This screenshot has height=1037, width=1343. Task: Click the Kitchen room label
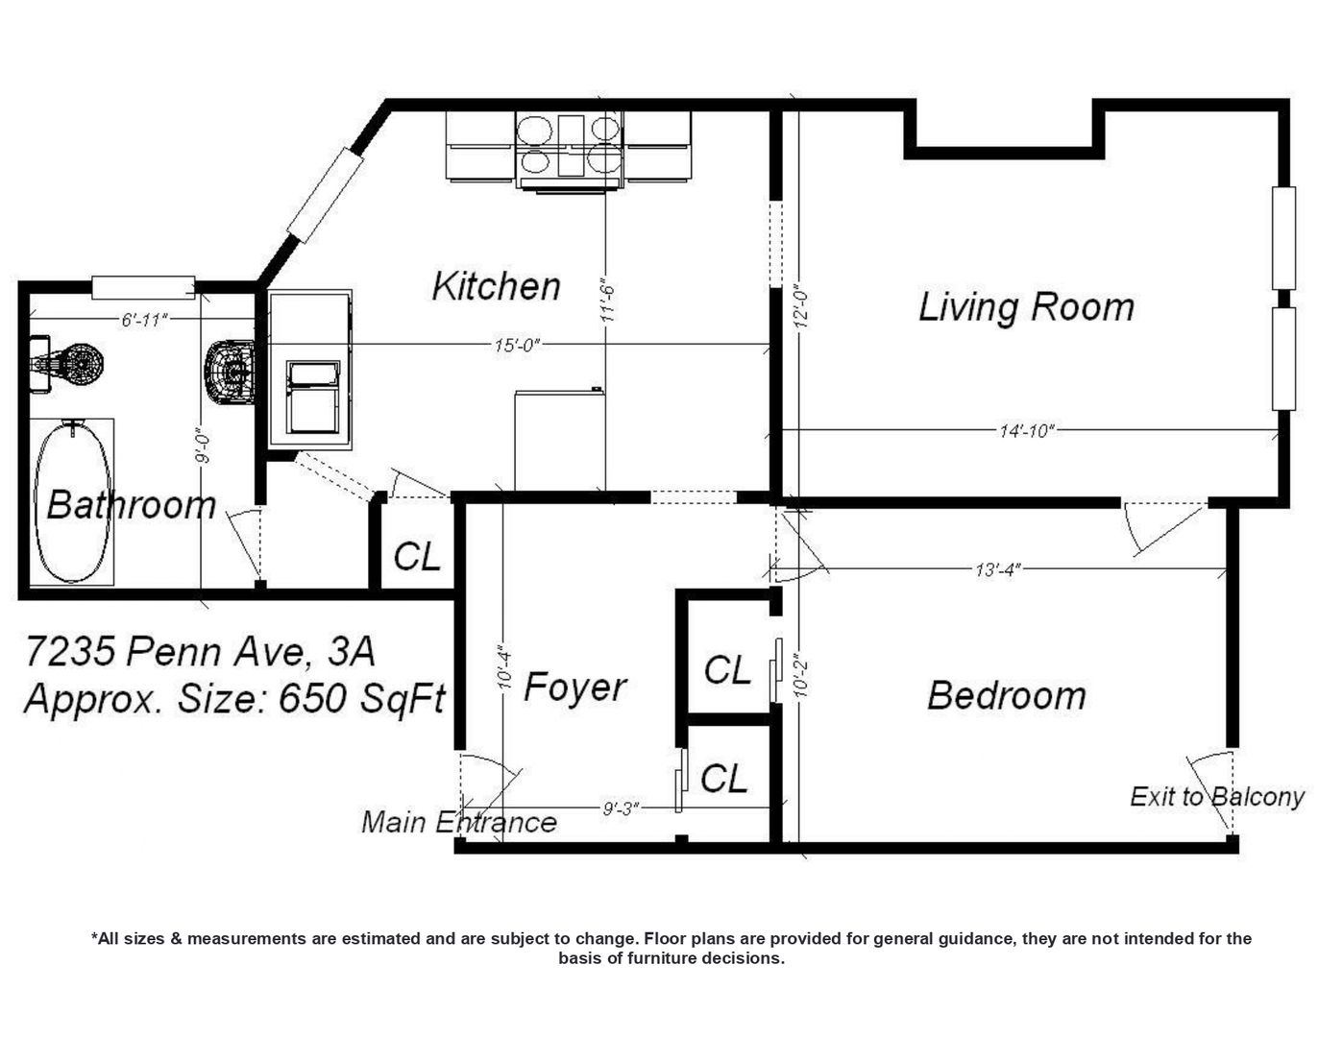(496, 286)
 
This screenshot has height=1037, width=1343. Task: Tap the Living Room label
(1026, 307)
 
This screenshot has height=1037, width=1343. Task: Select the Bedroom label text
(1006, 695)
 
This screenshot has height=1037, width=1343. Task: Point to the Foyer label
(574, 687)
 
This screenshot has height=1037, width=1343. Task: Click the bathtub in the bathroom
(73, 501)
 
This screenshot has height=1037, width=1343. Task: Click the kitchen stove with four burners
(570, 152)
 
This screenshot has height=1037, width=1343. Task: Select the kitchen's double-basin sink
(313, 398)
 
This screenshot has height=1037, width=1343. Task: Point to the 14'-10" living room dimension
(1026, 430)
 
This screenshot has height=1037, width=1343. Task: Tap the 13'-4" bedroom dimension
(997, 568)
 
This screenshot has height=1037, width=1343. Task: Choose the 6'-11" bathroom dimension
(145, 320)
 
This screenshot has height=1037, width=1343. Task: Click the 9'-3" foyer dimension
(620, 808)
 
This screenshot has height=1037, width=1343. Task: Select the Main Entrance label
(459, 822)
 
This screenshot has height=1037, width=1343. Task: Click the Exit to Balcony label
(1216, 797)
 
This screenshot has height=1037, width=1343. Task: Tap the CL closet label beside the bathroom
(417, 557)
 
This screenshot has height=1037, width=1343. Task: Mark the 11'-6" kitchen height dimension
(607, 302)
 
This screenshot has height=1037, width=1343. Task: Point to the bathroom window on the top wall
(143, 288)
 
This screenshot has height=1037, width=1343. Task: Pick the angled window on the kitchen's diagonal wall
(325, 195)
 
